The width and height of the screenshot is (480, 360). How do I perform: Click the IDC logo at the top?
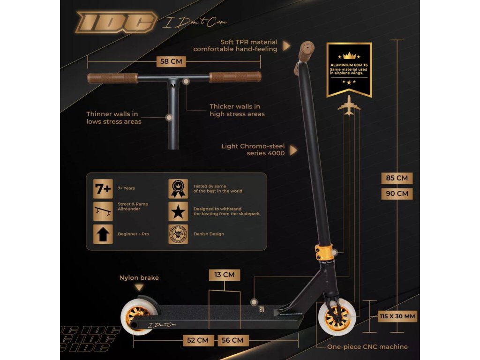pos(116,22)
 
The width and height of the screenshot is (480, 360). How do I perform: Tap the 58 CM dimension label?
pos(171,61)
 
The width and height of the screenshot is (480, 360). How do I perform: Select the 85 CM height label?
pos(397,178)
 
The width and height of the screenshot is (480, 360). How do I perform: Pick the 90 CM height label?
pos(397,193)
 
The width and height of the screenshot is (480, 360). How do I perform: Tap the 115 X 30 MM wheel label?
pos(397,316)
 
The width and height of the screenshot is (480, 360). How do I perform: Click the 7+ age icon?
pos(103,188)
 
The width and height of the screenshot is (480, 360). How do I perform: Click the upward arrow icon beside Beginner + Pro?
pos(103,234)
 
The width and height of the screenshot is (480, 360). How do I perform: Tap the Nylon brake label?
pos(139,278)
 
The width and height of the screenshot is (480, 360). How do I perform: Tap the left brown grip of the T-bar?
pos(112,78)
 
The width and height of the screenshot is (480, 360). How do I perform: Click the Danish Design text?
pos(209,234)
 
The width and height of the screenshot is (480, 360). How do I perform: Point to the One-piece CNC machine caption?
pos(367,347)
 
